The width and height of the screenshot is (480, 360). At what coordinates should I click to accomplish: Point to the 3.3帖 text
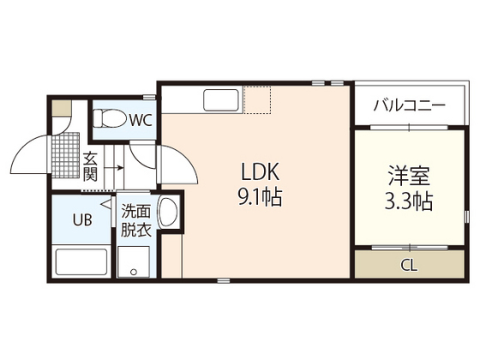[407, 202]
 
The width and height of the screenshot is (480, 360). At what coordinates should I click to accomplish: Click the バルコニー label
[409, 108]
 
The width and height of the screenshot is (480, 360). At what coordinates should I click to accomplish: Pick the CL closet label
[409, 263]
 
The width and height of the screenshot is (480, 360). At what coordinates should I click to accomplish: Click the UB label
[82, 220]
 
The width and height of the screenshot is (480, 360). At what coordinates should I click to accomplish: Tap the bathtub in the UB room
[81, 261]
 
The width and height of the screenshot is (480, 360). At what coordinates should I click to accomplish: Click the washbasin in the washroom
[169, 212]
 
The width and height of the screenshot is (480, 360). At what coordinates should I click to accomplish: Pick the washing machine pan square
[135, 262]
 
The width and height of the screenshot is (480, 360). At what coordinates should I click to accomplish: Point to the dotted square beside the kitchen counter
[258, 100]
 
